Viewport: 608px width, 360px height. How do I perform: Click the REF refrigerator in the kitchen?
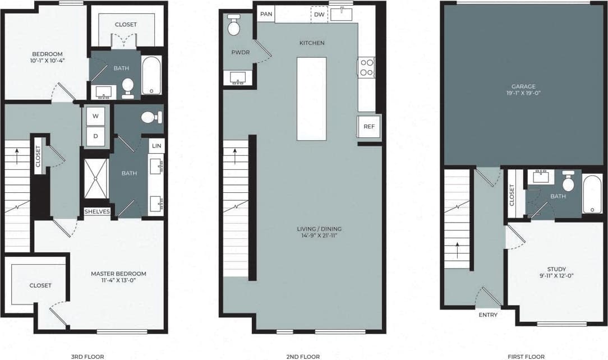(369, 127)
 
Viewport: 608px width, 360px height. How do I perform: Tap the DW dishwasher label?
(319, 15)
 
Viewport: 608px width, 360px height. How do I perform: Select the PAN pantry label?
(266, 14)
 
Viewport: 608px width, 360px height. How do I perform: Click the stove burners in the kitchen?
(366, 68)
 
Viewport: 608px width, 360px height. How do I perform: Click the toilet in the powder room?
(234, 26)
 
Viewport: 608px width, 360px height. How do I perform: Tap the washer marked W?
(95, 117)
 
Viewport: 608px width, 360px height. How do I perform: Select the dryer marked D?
(95, 136)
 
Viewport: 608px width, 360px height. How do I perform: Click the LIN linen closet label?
(156, 146)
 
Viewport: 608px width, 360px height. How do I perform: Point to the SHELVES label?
(97, 211)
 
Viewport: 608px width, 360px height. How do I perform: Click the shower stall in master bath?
(96, 178)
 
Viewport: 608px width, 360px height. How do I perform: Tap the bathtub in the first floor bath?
(592, 194)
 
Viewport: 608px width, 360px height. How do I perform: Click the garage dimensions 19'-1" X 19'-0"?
(518, 93)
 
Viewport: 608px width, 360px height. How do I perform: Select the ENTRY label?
(488, 315)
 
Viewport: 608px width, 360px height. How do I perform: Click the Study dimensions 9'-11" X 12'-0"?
(556, 275)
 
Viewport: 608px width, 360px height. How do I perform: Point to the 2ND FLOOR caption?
(303, 356)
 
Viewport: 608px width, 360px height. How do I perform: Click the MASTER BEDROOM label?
(118, 274)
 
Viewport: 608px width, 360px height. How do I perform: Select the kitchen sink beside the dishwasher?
(341, 14)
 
